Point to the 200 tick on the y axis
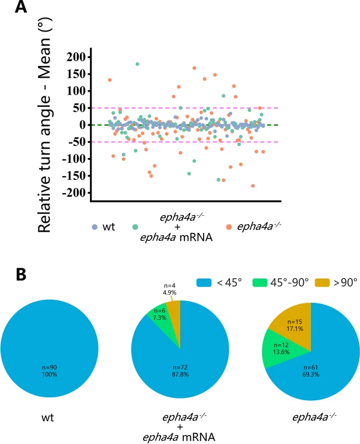tap(75, 57)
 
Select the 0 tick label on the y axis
tap(81, 125)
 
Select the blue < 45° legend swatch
tap(205, 281)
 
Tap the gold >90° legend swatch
tap(317, 281)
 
